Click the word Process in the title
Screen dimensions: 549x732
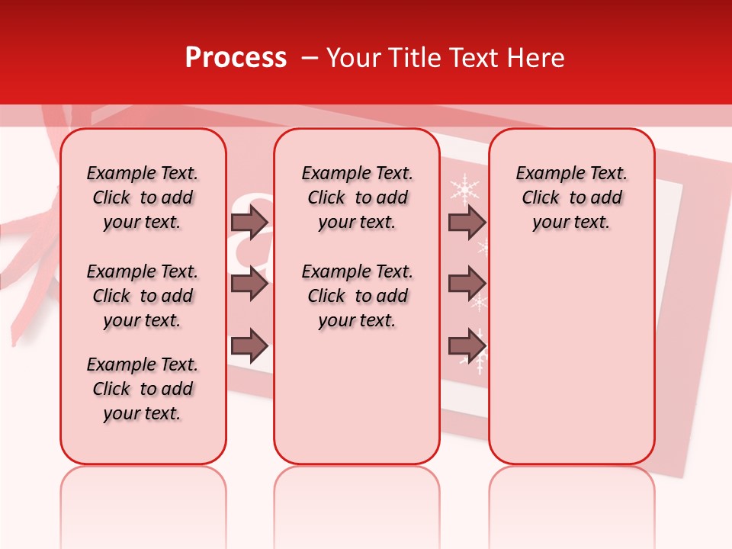[x=236, y=57]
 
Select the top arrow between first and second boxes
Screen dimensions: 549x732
[x=249, y=222]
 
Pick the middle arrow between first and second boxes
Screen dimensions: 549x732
[x=249, y=284]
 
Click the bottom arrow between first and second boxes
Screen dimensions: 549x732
[x=249, y=346]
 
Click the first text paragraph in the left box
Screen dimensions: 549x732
[x=143, y=197]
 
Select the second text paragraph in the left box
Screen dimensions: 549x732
[x=143, y=296]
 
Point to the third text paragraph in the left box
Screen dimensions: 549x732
[x=143, y=389]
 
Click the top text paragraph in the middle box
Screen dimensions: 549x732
[x=357, y=197]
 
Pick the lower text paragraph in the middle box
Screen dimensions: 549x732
[x=357, y=296]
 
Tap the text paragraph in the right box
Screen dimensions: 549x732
[x=572, y=197]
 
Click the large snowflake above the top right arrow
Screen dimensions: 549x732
[x=464, y=188]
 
